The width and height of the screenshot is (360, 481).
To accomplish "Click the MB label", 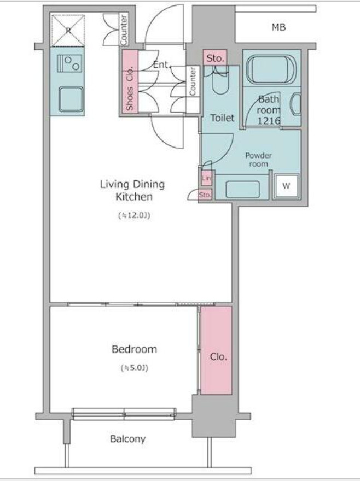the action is (x=278, y=28).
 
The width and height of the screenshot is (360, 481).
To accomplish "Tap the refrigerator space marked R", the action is (x=68, y=30).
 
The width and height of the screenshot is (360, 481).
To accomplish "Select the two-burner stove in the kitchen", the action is (x=69, y=63).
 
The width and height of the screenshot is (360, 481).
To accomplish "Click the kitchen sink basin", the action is (x=71, y=99).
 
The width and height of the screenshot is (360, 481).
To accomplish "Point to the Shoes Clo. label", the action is (x=130, y=89).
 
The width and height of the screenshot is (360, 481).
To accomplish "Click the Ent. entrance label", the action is (x=161, y=64).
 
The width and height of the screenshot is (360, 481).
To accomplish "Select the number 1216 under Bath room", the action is (x=269, y=121).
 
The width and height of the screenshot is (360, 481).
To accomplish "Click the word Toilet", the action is (x=222, y=118).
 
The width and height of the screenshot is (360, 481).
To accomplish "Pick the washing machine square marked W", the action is (x=286, y=186).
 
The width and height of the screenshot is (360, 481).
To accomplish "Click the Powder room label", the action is (x=258, y=160).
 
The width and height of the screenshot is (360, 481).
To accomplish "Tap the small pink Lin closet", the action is (x=206, y=178).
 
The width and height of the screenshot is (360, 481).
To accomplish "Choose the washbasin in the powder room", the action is (x=243, y=189).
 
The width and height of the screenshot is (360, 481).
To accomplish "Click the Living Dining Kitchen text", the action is (x=133, y=191).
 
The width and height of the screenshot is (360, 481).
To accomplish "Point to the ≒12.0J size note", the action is (x=134, y=216).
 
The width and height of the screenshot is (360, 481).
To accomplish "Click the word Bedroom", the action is (x=134, y=349).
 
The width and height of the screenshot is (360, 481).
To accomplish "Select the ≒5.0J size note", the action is (x=135, y=367).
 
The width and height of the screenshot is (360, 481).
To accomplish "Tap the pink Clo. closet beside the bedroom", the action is (x=216, y=350).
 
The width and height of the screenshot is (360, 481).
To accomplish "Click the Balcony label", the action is (x=128, y=439).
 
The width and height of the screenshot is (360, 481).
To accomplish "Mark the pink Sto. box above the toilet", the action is (x=215, y=58).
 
